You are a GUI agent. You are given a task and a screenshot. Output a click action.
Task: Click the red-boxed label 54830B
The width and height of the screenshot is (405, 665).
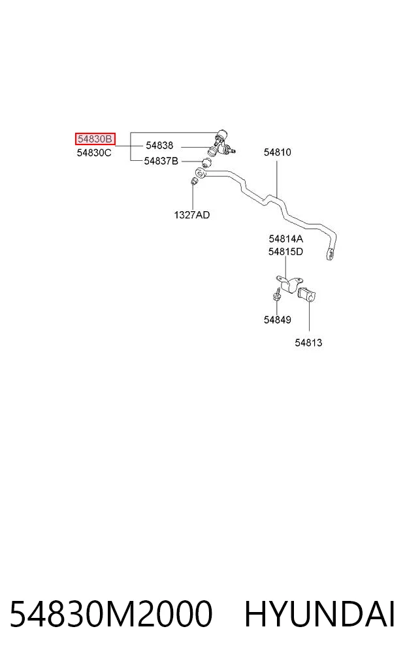(95, 139)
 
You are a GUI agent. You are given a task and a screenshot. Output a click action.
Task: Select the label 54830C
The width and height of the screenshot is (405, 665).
(94, 152)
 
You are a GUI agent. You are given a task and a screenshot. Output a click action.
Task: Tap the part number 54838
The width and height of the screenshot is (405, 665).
(159, 145)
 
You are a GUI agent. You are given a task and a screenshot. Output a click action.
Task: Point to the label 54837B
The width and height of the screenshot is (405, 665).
(161, 161)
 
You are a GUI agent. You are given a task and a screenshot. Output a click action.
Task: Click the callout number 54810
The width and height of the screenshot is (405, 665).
(278, 152)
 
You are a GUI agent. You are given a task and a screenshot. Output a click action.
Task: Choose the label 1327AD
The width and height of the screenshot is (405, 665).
(192, 215)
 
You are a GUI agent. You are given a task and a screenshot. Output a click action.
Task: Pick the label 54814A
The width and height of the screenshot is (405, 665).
(286, 239)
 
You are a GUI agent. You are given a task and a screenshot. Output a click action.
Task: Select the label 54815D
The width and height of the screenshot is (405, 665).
(285, 252)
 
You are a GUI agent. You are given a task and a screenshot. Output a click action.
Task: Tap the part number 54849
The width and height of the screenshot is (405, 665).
(278, 320)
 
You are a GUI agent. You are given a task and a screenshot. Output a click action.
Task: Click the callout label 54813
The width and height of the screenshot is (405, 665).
(308, 343)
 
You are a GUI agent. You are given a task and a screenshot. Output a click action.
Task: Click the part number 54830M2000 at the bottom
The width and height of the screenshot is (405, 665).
(111, 614)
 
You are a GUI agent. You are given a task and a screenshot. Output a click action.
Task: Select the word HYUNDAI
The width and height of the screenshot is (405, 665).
(320, 614)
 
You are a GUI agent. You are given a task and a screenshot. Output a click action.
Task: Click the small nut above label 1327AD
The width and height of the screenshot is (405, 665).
(193, 181)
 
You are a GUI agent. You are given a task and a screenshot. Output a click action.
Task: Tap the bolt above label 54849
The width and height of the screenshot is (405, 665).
(277, 294)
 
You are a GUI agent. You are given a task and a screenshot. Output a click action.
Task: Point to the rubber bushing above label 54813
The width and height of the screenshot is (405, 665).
(306, 295)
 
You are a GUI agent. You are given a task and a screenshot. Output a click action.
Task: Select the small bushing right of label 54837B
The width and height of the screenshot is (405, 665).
(206, 162)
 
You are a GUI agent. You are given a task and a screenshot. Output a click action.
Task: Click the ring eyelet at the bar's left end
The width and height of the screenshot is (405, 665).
(199, 173)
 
